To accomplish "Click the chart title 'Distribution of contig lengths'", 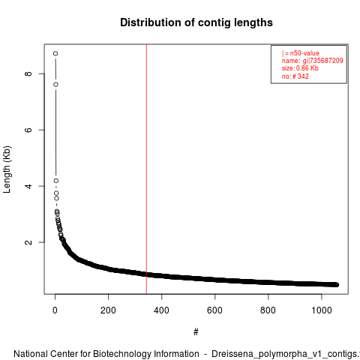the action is point(196,22).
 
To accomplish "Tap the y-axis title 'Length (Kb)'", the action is point(7,169).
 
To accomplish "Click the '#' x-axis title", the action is point(196,332).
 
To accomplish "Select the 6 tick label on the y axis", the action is point(28,130).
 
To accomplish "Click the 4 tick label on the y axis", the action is point(28,186).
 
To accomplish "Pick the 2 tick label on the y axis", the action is point(28,242).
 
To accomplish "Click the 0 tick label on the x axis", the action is point(55,310).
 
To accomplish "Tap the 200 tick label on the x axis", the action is point(108,310).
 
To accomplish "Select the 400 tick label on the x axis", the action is point(161,310).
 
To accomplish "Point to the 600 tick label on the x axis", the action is point(214,310).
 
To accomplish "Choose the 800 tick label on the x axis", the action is point(268,310).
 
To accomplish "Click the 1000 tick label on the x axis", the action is point(322,310).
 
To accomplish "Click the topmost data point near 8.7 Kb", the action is point(55,53).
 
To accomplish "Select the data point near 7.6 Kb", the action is point(55,85).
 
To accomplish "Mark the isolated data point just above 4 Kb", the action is point(56,181).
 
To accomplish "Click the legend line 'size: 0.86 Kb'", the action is point(300,68).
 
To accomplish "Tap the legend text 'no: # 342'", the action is point(295,76).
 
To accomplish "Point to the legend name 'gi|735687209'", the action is point(323,61).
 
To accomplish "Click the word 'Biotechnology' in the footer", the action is point(122,354).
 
